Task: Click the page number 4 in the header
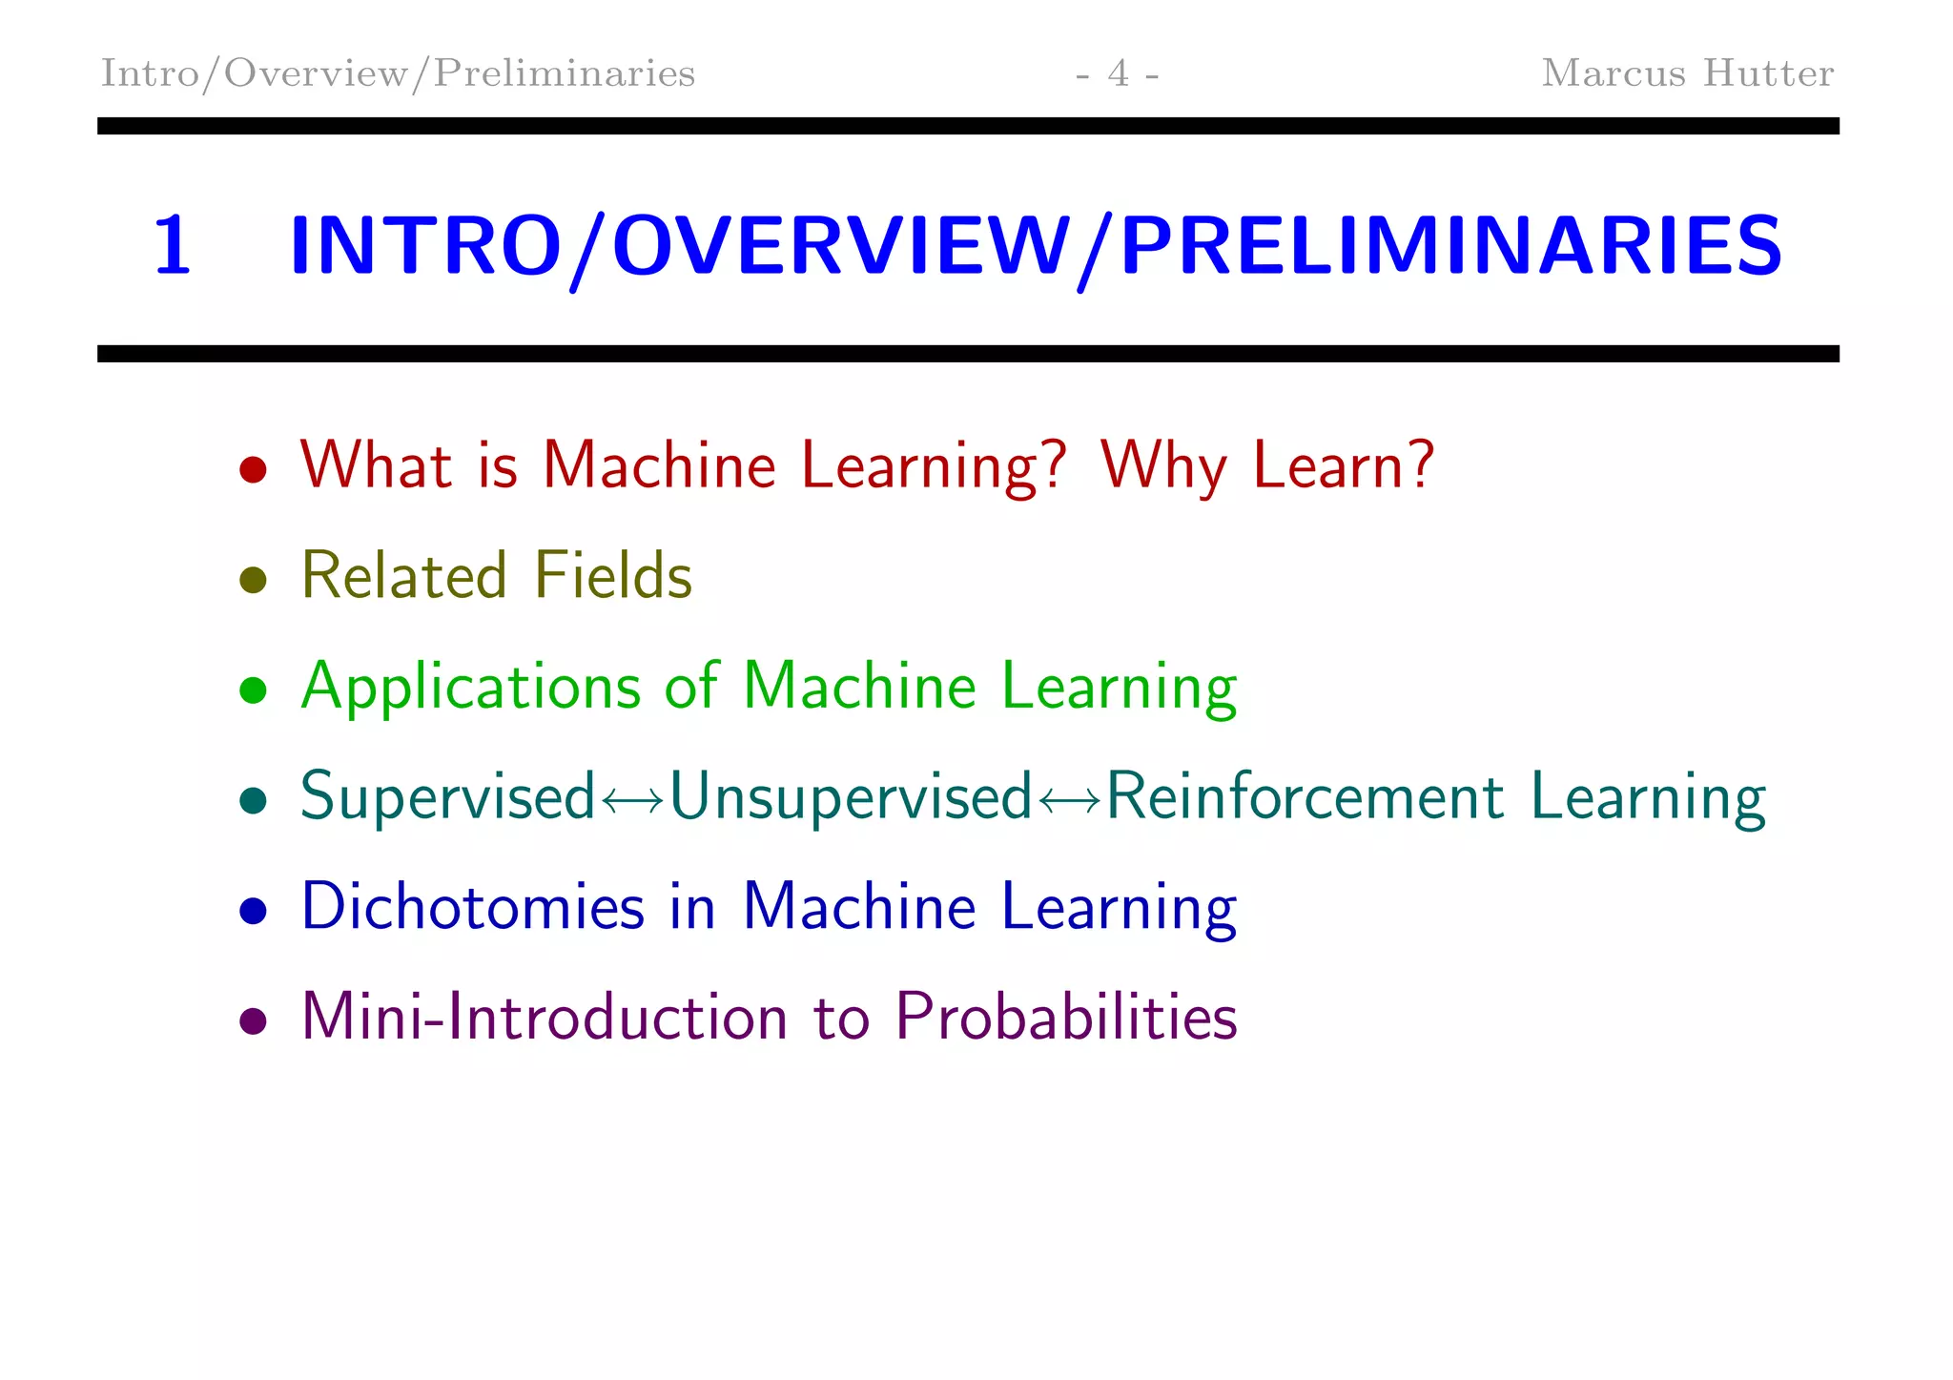coord(1118,73)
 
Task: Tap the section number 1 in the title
coord(173,246)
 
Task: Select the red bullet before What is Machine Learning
coord(253,469)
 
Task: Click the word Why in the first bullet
coord(1162,466)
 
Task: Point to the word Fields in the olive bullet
coord(612,576)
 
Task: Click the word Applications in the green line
coord(471,687)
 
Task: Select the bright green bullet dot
coord(253,690)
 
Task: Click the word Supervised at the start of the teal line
coord(447,797)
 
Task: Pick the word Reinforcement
coord(1305,797)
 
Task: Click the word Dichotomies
coord(473,907)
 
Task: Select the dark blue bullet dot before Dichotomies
coord(253,911)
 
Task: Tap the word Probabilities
coord(1066,1017)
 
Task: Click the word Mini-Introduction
coord(545,1017)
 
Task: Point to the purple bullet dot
coord(253,1021)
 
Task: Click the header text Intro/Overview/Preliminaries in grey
coord(398,73)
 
